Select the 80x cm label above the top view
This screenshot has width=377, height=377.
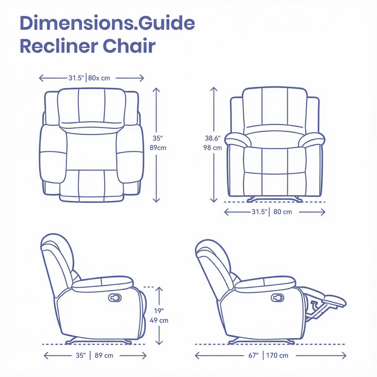click(99, 78)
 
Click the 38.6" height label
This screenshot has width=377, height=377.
click(213, 138)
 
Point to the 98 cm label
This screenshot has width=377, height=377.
click(213, 148)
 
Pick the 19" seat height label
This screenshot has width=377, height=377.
click(159, 311)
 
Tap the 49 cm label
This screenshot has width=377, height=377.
click(159, 320)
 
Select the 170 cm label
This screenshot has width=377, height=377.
click(277, 355)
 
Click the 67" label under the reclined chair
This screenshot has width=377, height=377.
click(253, 355)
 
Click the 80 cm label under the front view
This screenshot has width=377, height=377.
click(283, 212)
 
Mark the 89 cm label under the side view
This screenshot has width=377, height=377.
click(104, 355)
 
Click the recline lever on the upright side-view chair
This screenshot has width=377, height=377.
click(115, 298)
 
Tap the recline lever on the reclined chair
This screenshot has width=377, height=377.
click(277, 298)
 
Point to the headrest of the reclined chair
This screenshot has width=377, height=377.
click(212, 251)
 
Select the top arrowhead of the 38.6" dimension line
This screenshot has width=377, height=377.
click(214, 89)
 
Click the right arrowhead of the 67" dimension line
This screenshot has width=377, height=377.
click(344, 355)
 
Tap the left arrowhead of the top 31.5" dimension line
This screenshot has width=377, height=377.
click(41, 78)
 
